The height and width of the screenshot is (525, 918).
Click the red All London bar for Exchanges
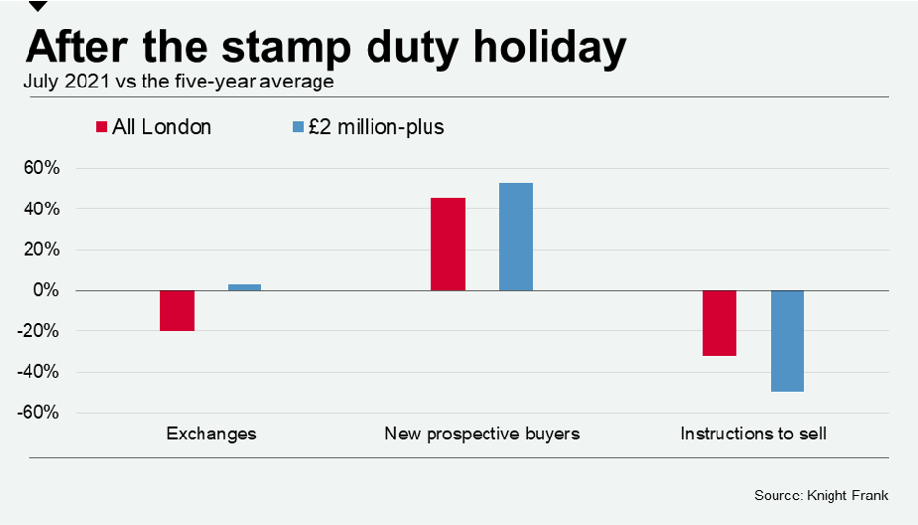point(177,311)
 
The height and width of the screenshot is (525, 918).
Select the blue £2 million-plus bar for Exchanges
point(245,287)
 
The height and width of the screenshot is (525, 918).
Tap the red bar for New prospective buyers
point(448,244)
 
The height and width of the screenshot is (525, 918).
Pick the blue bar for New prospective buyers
point(516,237)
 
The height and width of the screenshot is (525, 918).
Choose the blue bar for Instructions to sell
point(787,341)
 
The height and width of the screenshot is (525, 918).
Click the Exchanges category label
point(211,434)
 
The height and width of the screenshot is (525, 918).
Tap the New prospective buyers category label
point(482,434)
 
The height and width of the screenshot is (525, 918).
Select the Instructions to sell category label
point(753,434)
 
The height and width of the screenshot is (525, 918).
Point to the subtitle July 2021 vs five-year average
point(179,82)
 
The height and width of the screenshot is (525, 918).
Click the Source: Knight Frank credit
point(821,496)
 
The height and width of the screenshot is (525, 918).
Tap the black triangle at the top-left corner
point(38,5)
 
